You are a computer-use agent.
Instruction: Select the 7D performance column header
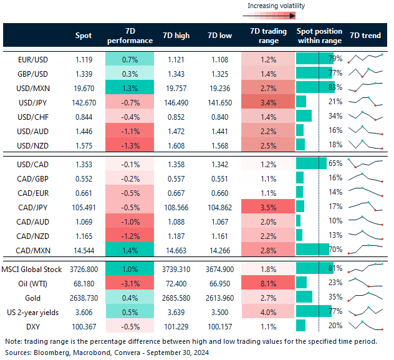click(130, 36)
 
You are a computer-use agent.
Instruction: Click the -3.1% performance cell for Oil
click(130, 282)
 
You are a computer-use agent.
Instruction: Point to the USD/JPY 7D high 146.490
click(175, 102)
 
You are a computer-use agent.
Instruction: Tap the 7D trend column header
click(366, 36)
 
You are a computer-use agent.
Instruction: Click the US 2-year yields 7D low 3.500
click(221, 311)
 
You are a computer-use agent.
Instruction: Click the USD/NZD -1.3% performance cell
click(130, 144)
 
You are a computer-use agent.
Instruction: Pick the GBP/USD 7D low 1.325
click(221, 74)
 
